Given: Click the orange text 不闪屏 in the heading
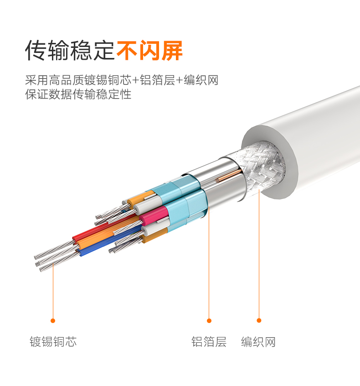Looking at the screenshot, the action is (149, 51).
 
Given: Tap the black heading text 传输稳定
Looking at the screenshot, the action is (70, 51).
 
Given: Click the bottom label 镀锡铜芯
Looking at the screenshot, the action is (53, 342).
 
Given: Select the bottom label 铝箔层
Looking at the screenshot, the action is (209, 342).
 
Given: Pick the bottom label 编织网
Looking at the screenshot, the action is (258, 342).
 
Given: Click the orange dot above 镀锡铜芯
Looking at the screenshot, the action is (53, 320).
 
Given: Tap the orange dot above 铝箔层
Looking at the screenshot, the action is (209, 320).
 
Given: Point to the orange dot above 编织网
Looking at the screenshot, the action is (259, 320).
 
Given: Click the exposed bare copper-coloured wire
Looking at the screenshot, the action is (229, 176).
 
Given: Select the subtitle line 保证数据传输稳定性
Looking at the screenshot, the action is (78, 94).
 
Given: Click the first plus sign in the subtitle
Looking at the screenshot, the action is (135, 80).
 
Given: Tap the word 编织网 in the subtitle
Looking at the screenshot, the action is (201, 80).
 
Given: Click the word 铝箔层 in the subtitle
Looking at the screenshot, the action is (157, 80).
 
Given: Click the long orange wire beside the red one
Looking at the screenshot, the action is (108, 234).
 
